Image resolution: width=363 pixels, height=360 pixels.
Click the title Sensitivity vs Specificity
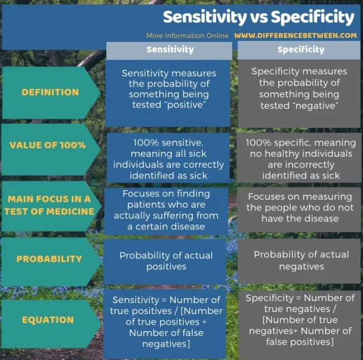(x=259, y=17)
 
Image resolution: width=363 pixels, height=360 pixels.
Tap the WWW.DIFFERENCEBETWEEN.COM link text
(x=295, y=35)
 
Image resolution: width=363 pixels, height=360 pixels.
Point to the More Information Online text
(x=187, y=36)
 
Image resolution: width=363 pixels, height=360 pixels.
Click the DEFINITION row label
(x=50, y=92)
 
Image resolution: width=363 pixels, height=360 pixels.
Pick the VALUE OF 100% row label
(x=47, y=145)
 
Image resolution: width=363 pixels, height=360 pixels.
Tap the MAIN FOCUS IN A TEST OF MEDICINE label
(x=49, y=205)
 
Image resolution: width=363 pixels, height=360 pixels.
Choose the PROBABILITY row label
(x=49, y=259)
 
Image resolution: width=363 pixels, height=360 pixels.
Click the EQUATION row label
(x=48, y=320)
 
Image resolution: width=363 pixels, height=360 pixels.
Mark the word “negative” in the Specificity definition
(x=317, y=105)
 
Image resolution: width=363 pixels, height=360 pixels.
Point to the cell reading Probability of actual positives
(x=165, y=262)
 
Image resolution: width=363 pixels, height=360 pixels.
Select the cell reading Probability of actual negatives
(x=299, y=261)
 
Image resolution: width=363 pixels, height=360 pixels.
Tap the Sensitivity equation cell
(x=165, y=324)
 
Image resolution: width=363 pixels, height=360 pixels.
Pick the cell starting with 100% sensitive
(x=168, y=158)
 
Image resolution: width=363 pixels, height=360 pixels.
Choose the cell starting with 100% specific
(x=299, y=158)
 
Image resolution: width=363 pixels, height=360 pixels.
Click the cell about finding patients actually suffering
(x=166, y=211)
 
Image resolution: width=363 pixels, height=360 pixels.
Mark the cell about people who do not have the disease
(x=299, y=210)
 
